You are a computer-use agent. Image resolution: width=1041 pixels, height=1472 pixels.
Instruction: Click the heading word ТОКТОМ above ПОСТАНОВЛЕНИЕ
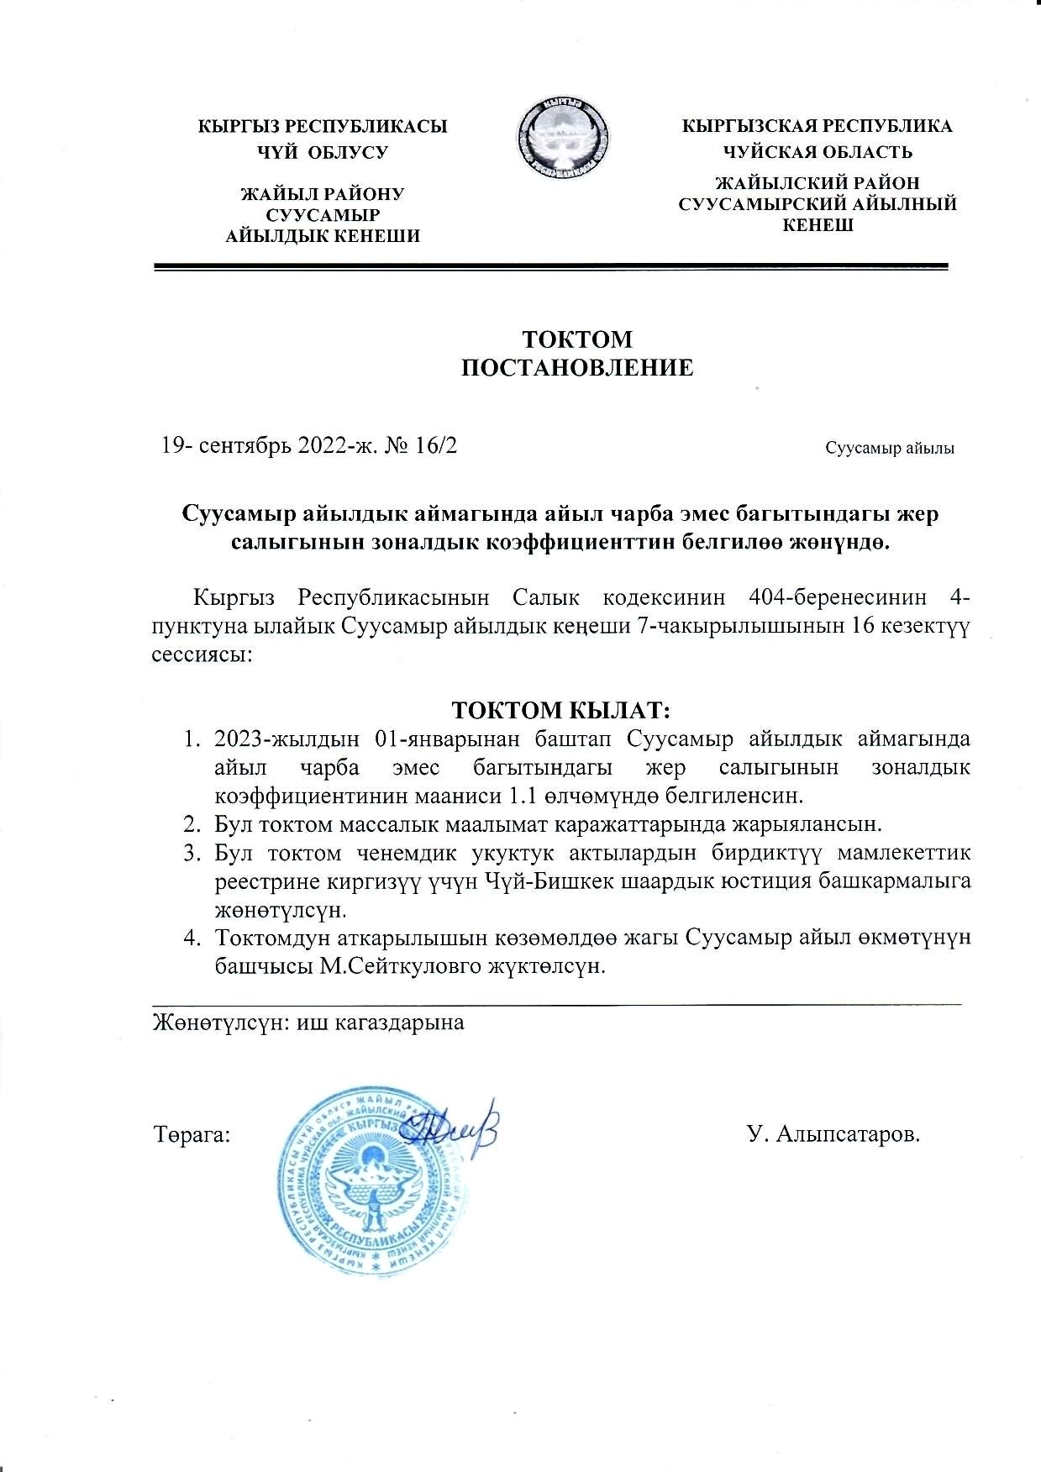tap(578, 339)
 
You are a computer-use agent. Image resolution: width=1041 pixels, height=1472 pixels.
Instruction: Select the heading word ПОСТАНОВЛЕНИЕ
tap(579, 367)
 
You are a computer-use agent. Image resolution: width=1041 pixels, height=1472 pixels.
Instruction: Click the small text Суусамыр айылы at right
tap(889, 448)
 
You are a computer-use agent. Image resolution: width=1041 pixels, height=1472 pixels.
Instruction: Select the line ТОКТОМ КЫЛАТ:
tap(560, 710)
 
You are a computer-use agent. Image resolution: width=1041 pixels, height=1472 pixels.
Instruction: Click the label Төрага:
tap(192, 1135)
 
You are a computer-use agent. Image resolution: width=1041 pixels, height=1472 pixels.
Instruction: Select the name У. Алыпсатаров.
tap(833, 1135)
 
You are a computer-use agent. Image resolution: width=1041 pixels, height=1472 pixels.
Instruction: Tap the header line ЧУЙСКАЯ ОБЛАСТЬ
tap(818, 152)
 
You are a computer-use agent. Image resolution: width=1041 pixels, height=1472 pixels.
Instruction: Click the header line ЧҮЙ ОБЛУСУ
tap(323, 153)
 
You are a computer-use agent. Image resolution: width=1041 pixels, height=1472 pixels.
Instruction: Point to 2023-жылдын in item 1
tap(282, 739)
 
